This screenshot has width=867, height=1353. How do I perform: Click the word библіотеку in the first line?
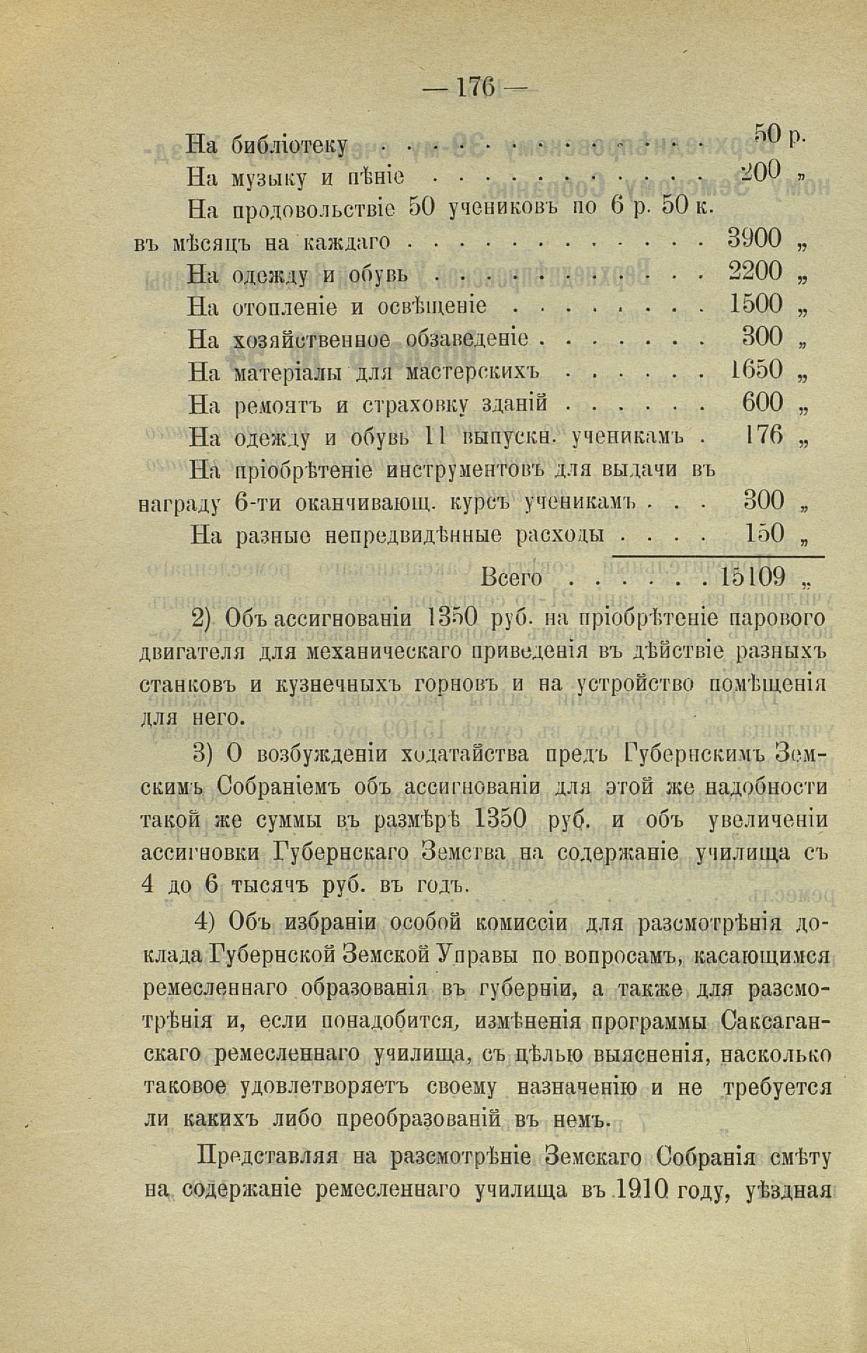(x=289, y=144)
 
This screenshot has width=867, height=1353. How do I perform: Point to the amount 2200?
(x=754, y=271)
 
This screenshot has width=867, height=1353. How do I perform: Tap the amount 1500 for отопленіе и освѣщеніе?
(x=755, y=304)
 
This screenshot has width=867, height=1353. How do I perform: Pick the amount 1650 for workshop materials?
(x=755, y=370)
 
